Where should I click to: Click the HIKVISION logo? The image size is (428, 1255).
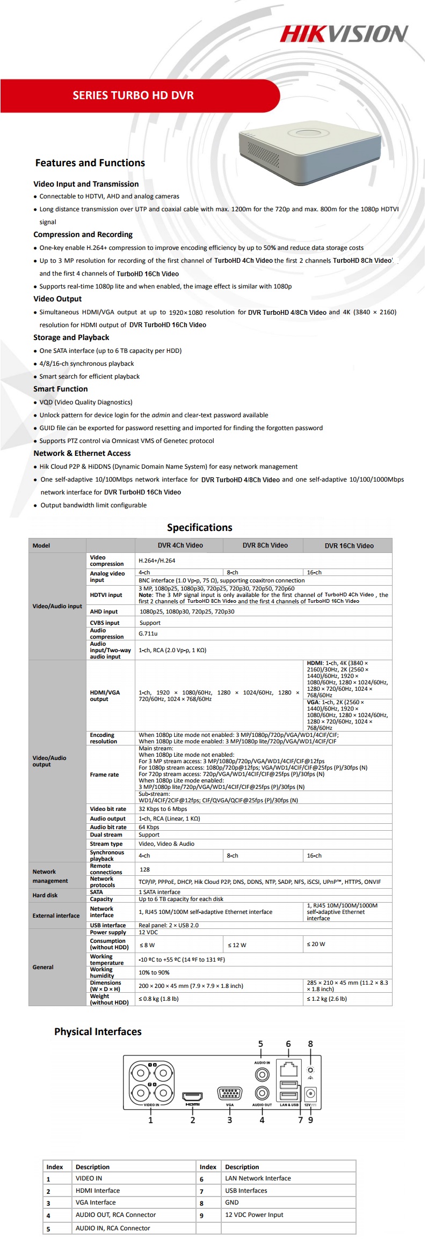coord(344,34)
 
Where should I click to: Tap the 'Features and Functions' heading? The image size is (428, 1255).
coord(90,163)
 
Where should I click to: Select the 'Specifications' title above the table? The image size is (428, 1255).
coord(199,527)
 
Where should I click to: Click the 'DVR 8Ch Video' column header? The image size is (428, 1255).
coord(265,545)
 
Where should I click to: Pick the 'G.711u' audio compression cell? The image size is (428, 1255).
coord(148,633)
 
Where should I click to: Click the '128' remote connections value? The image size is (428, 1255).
coord(144,869)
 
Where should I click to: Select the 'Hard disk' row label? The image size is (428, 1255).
coord(45,895)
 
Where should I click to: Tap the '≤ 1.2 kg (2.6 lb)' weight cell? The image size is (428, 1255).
coord(327,999)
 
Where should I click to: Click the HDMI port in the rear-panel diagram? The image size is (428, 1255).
coord(192,1096)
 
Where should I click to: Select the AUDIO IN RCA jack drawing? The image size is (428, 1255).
coord(262,1074)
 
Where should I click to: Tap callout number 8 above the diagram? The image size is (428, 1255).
coord(310,1044)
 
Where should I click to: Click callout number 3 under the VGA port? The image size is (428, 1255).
coord(229,1120)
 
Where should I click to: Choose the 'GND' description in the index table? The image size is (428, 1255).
coord(232,1202)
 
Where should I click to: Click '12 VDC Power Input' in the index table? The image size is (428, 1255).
coord(254,1215)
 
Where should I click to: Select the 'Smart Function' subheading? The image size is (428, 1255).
coord(60,389)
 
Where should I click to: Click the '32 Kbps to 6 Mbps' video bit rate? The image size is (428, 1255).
coord(163,809)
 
